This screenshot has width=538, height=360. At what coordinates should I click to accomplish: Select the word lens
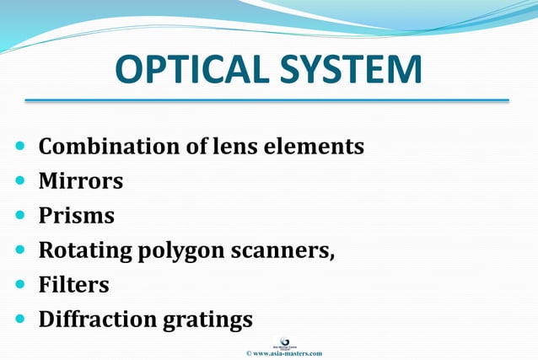pos(238,147)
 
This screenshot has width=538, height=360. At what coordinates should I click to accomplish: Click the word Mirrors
pos(81,181)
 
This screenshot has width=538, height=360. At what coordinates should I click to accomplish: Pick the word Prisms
pos(77,216)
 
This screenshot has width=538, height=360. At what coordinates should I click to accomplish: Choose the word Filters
pos(74,285)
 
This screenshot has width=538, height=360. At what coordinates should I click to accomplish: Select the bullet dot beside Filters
pos(20,285)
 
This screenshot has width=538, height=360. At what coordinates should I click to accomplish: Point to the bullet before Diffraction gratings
pos(20,320)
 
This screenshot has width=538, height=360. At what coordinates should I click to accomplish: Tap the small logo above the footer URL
pos(283,341)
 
